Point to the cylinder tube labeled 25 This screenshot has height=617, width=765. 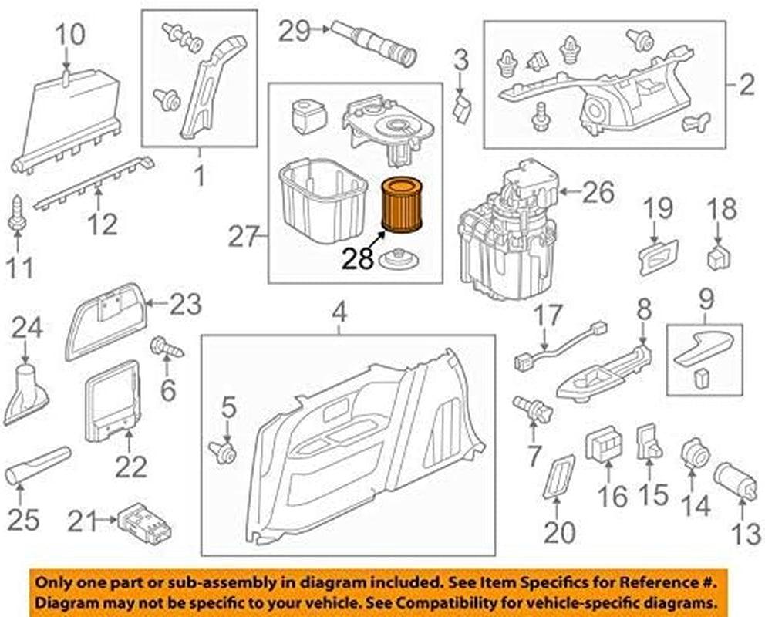(x=37, y=464)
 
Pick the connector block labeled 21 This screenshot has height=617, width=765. (x=144, y=521)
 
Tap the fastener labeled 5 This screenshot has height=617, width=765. (x=223, y=452)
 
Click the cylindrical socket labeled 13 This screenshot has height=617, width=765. (x=736, y=479)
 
